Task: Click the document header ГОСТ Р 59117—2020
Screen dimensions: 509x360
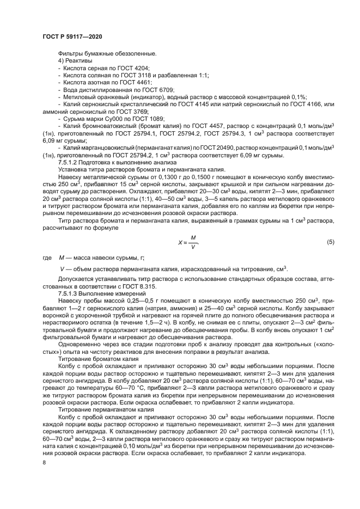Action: pyautogui.click(x=72, y=36)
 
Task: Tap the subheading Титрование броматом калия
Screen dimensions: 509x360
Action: pyautogui.click(x=96, y=360)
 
